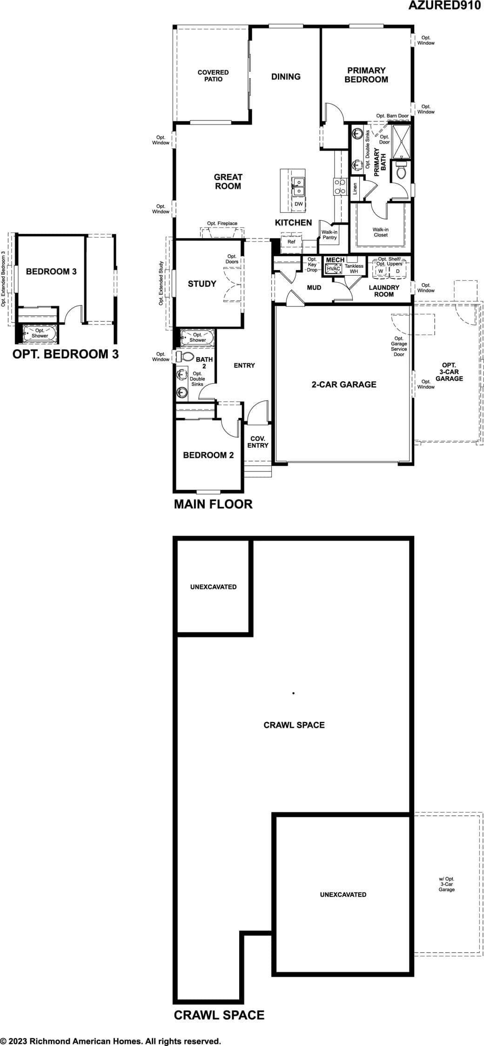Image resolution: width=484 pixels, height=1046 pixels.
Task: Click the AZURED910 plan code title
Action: pyautogui.click(x=444, y=5)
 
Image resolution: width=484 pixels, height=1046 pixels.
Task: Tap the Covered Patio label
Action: pyautogui.click(x=213, y=76)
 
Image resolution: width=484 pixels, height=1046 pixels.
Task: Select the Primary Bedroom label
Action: pyautogui.click(x=366, y=75)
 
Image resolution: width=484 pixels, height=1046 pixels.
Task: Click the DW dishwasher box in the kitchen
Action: pyautogui.click(x=299, y=204)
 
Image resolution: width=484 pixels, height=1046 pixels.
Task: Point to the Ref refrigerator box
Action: pyautogui.click(x=291, y=242)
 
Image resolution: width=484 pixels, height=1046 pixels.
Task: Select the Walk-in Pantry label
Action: pyautogui.click(x=329, y=235)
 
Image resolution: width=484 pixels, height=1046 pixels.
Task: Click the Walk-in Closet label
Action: pyautogui.click(x=380, y=232)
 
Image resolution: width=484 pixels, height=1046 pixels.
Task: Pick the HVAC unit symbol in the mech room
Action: pyautogui.click(x=334, y=269)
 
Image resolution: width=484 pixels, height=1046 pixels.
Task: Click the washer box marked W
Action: pyautogui.click(x=381, y=271)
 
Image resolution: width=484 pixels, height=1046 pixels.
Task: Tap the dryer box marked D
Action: pyautogui.click(x=397, y=271)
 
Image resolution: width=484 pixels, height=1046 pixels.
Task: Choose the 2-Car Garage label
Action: pyautogui.click(x=344, y=384)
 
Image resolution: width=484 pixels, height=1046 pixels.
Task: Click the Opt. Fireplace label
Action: pyautogui.click(x=222, y=224)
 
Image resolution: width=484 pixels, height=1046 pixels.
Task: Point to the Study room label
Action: pyautogui.click(x=202, y=284)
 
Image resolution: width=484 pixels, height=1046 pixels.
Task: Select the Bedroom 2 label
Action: pyautogui.click(x=208, y=455)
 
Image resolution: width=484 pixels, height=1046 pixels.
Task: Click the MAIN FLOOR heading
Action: pyautogui.click(x=213, y=504)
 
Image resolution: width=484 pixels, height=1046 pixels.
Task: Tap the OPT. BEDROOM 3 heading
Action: pyautogui.click(x=66, y=354)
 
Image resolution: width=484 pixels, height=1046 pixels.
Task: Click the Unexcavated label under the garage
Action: pyautogui.click(x=343, y=894)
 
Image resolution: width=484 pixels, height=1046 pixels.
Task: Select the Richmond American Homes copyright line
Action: pyautogui.click(x=111, y=1041)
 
